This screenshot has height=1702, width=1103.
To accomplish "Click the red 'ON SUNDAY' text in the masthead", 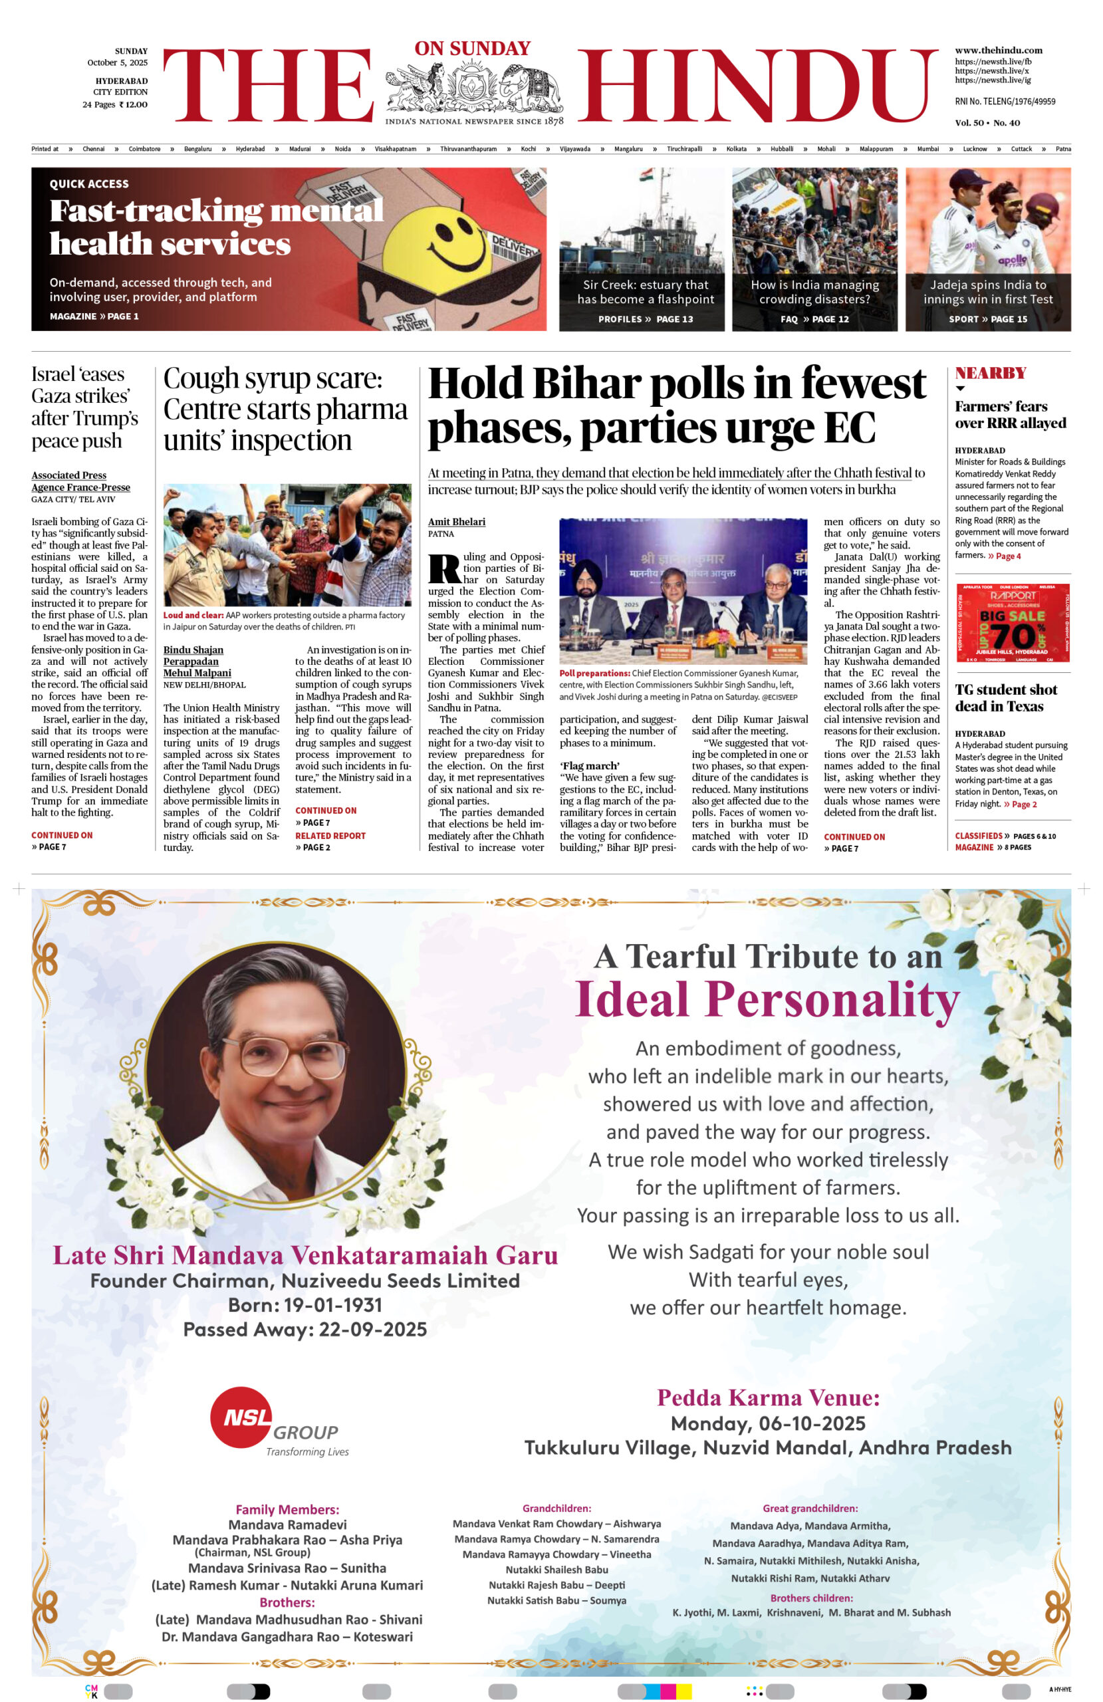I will click(472, 49).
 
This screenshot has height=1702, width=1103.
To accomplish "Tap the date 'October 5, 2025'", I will click(117, 63).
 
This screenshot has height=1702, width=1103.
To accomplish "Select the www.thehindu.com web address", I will click(998, 50).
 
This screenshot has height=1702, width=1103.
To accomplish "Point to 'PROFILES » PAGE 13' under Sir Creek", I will click(645, 319).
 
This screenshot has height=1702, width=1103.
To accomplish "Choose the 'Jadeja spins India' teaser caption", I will click(987, 292).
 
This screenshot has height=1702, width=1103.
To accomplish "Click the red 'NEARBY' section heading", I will click(990, 372).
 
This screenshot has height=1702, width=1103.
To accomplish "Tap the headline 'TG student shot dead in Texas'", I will click(1006, 698).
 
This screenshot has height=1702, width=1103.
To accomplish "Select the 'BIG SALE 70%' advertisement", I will click(1012, 622).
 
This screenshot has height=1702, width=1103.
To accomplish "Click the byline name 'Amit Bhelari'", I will click(456, 522).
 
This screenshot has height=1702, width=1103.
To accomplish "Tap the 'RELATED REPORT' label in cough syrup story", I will click(330, 835).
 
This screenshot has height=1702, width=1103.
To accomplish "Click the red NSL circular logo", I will click(241, 1417).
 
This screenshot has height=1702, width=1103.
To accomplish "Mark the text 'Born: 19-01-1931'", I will click(305, 1305).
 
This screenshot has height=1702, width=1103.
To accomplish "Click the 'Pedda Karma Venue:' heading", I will click(767, 1398).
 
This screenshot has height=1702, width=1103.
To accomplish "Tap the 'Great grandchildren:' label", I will click(810, 1509).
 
